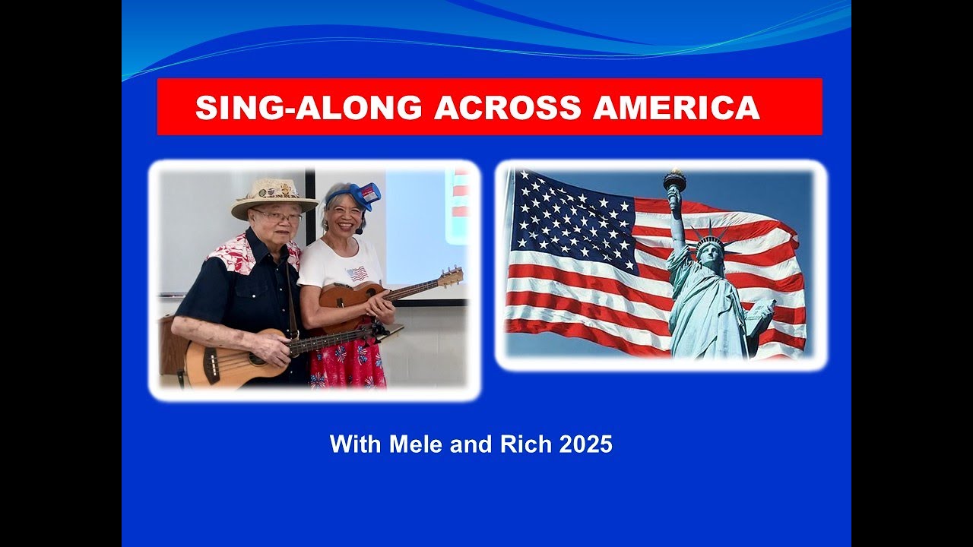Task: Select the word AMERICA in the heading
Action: coord(676,108)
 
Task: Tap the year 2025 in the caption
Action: coord(585,444)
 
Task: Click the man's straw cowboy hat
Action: coord(274,196)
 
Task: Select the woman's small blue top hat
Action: coord(365,195)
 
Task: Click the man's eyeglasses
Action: coord(278,217)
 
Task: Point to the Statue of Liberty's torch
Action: coord(674,182)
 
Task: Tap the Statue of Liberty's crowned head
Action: coord(710,251)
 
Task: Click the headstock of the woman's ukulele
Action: coord(451,277)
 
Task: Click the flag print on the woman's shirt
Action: coord(357,273)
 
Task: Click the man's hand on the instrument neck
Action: coord(274,346)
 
